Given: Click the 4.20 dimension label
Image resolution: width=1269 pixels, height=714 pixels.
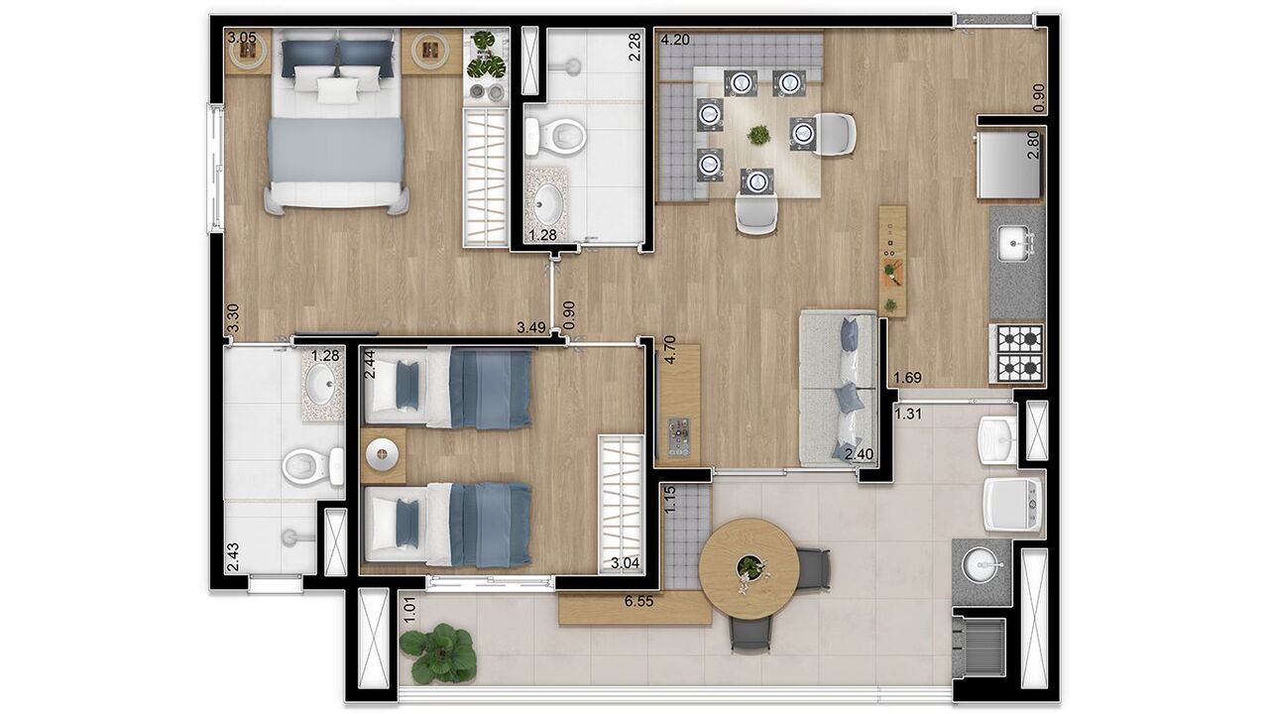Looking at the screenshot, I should (674, 41).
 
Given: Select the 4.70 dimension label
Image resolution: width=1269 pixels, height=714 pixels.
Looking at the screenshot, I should (670, 351).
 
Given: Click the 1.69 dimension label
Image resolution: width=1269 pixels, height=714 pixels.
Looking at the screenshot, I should (908, 377).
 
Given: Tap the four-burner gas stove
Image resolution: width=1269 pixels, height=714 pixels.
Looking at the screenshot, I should (1018, 354).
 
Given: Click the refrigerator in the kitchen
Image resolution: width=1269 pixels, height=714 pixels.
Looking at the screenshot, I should (1009, 165).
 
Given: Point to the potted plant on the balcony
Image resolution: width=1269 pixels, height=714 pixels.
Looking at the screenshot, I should (438, 653).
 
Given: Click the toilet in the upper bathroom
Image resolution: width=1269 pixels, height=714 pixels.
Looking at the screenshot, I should (549, 135).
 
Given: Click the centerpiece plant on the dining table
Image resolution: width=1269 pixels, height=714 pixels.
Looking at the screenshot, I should (759, 134).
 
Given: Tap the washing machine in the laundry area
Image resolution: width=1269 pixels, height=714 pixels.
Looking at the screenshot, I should (1012, 504).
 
